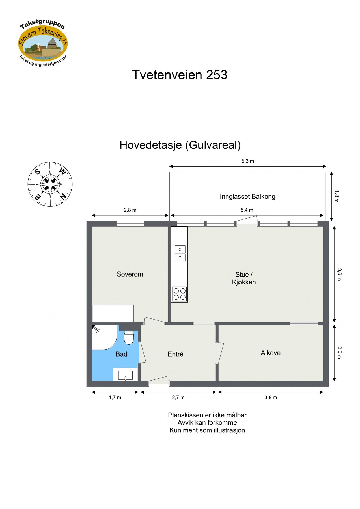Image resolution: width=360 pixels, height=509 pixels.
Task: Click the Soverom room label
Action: coord(130,274)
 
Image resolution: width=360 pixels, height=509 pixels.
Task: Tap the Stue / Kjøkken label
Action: coord(244,278)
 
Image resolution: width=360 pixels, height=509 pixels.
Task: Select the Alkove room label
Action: coord(270,353)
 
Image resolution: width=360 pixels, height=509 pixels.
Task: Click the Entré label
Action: coord(175,354)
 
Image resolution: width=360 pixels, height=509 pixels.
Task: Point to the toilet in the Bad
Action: coord(129,338)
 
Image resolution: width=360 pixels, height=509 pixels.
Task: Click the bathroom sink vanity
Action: coord(125,374)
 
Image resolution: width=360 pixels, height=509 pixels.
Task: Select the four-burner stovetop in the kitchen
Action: coord(180,294)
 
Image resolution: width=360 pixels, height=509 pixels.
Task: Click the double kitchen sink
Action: coord(180,253)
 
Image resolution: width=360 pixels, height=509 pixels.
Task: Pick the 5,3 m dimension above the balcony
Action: coord(247,161)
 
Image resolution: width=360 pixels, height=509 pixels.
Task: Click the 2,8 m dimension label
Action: coord(130,210)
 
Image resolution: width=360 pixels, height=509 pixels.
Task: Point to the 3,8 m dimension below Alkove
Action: coord(270,397)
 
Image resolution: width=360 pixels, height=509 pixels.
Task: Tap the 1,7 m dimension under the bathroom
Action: coord(115,397)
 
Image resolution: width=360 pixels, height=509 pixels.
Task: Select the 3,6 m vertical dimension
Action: coord(339,274)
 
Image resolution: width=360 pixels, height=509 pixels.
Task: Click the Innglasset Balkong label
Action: coord(247,196)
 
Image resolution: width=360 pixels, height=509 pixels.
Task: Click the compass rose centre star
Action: coord(50,184)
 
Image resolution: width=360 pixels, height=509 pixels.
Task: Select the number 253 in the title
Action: coord(217,75)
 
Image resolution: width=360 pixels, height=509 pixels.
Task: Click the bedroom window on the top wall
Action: coord(130,224)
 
